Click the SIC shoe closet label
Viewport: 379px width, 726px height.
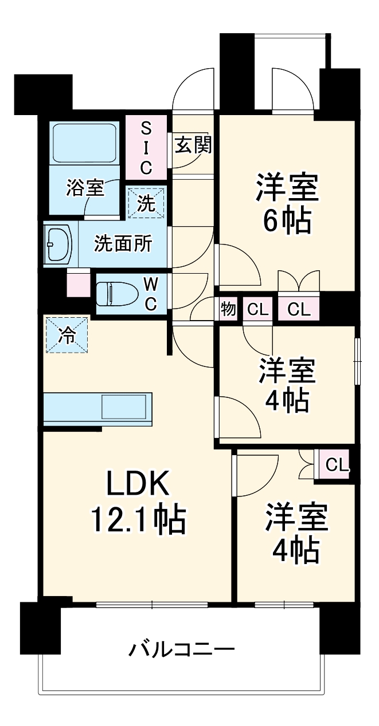[x=146, y=147]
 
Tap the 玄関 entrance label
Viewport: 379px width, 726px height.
[x=193, y=145]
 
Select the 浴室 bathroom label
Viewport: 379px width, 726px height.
[x=85, y=188]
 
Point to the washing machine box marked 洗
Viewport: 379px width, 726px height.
[x=147, y=203]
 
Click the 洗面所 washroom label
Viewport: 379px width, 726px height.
[x=123, y=244]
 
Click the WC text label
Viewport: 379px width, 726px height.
[x=150, y=294]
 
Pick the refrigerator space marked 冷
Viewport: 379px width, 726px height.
[x=67, y=335]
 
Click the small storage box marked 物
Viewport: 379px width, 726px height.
[x=228, y=310]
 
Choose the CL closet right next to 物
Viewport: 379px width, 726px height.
[x=257, y=310]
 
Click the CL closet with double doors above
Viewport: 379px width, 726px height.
[x=299, y=310]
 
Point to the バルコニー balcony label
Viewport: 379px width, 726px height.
[x=182, y=650]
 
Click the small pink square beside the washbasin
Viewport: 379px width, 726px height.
[x=79, y=283]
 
